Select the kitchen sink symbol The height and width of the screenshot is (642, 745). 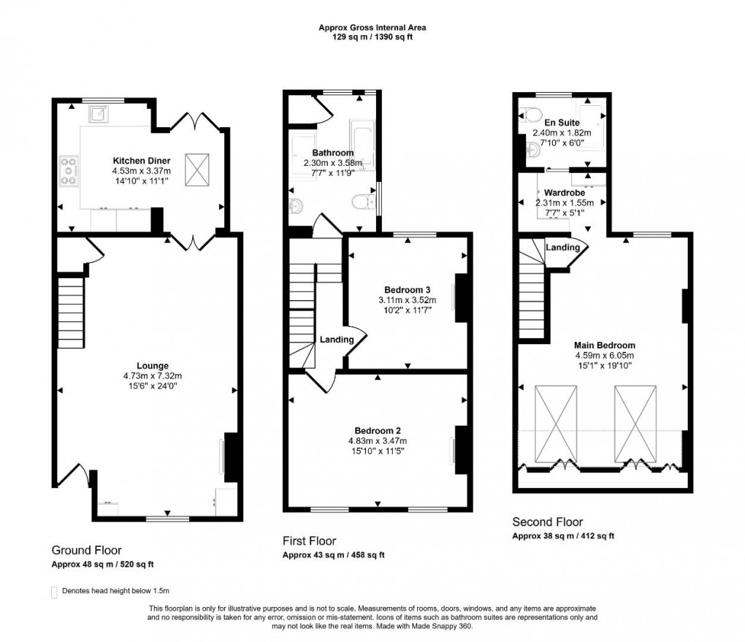(99, 113)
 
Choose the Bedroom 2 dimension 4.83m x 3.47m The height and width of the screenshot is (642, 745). (378, 441)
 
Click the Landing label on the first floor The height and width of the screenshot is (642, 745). (336, 340)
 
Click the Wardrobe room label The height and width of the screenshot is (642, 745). (564, 193)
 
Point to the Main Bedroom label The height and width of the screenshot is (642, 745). (604, 345)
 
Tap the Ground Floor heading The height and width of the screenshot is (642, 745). (86, 550)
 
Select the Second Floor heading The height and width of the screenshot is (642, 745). (548, 521)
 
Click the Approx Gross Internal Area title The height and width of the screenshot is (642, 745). (372, 28)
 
